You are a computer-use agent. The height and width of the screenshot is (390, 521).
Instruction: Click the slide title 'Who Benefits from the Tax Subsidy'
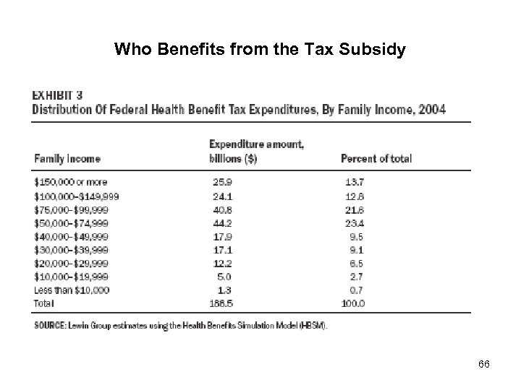click(x=260, y=50)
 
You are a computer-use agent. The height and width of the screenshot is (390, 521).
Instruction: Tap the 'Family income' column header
click(x=67, y=158)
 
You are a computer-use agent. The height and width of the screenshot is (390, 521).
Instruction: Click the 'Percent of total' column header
click(x=376, y=158)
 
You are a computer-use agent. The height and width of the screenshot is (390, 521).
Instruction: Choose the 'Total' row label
click(x=44, y=302)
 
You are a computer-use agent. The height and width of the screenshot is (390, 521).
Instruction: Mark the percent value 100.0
click(x=352, y=302)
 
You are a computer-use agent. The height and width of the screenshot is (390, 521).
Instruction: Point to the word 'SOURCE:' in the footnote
click(x=49, y=325)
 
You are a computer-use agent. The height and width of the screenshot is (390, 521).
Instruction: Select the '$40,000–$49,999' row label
click(x=70, y=236)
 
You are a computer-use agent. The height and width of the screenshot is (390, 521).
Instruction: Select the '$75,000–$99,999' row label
click(x=70, y=209)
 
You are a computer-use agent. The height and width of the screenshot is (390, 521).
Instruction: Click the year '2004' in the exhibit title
click(x=432, y=110)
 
